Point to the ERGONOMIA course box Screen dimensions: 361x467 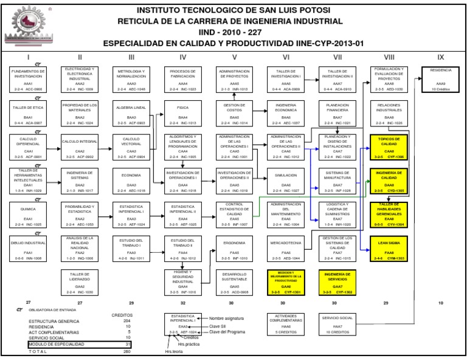coord(234,248)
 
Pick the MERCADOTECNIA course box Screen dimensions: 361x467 coord(286,248)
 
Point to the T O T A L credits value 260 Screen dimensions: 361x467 coord(126,351)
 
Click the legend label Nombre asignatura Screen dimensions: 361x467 coord(227,318)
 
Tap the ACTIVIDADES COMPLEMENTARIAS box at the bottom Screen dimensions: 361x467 coord(286,324)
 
